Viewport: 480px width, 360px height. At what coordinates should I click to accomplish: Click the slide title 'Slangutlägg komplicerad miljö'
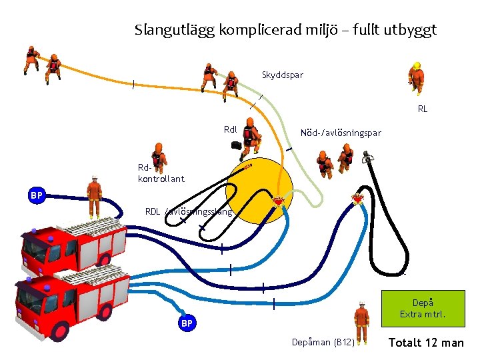coord(285,30)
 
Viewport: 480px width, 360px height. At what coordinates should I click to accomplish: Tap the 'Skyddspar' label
coord(283,75)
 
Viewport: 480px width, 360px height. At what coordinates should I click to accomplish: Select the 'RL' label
coord(423,109)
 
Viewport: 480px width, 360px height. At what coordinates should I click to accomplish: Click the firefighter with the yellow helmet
coord(417,79)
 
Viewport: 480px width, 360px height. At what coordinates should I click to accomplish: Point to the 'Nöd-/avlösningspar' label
coord(341,133)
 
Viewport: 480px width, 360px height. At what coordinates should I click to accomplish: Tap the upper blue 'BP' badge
coord(37,195)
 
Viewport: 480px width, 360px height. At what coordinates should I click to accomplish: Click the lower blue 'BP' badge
coord(187,323)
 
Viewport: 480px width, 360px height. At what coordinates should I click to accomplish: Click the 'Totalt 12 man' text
coord(426,343)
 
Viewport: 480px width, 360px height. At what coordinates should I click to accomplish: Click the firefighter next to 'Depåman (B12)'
coord(361,323)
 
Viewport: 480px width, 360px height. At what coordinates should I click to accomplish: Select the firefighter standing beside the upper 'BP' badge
coord(95,195)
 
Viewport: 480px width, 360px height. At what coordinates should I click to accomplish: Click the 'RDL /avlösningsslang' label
coord(189,213)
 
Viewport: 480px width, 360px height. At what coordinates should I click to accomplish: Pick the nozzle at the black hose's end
coord(366,159)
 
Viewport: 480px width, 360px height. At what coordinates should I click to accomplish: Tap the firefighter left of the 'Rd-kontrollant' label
coord(157,156)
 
